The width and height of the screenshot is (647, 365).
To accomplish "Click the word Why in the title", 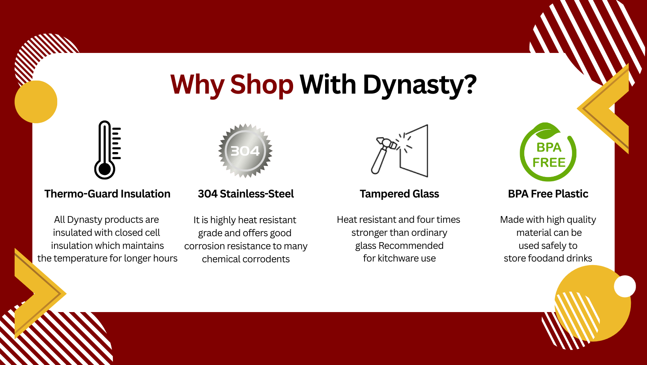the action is pos(197,85).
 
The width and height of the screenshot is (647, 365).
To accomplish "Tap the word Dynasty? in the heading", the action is pos(419,85).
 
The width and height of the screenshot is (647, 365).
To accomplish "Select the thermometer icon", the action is pos(107,150).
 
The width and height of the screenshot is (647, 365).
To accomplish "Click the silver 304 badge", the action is pos(245,151).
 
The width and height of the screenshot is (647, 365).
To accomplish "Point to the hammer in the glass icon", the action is pos(383,155).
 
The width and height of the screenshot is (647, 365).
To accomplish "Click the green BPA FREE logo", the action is pos(548,152).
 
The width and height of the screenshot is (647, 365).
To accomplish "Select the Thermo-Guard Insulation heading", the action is pos(107,194).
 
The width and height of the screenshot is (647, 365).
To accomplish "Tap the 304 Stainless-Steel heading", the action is pos(246,194).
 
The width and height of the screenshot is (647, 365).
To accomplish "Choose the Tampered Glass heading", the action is pos(399,194).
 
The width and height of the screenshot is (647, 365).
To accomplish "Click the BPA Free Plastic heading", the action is pos(548,194).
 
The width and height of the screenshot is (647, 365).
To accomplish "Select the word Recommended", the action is pos(411,246).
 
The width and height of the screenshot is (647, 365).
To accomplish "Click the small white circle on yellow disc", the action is pos(625,286).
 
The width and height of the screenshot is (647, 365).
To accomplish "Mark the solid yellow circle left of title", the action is pos(36,102).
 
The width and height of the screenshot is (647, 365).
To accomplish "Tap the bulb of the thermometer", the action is pos(105,169).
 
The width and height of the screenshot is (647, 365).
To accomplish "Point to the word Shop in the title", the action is pos(262,85).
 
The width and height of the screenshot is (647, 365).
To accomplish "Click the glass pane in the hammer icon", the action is pos(414,151).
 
